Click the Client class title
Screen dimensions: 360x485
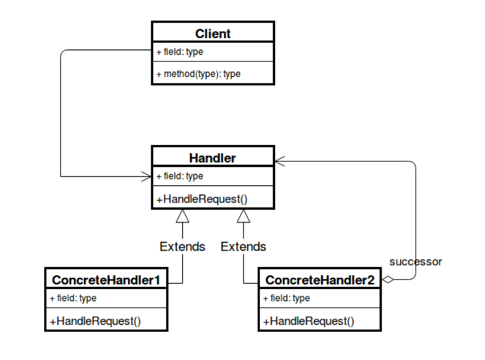213,34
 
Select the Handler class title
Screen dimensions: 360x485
212,158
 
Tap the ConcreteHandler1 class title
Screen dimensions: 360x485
106,280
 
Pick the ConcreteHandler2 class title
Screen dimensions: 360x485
319,280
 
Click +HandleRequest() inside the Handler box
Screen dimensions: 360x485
202,199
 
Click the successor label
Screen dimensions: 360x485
416,262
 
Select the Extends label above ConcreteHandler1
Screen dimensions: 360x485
183,247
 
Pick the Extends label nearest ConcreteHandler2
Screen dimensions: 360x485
243,247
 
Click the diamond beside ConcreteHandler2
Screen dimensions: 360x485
388,280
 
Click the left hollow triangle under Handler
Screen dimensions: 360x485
183,216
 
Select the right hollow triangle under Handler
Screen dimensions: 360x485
243,216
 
